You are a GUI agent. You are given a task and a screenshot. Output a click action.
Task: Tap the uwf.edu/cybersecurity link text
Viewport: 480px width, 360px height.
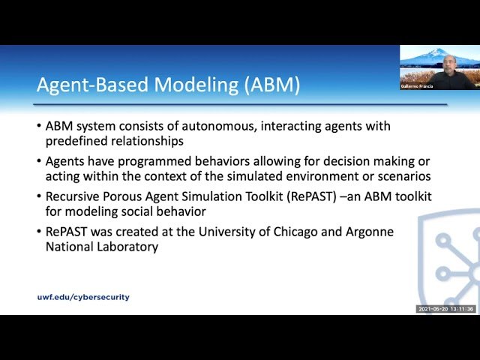83,297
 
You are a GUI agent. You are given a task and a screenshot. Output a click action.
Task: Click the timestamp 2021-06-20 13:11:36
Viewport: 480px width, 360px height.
445,309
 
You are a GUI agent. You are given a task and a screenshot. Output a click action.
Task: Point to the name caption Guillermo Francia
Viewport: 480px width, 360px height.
416,86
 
